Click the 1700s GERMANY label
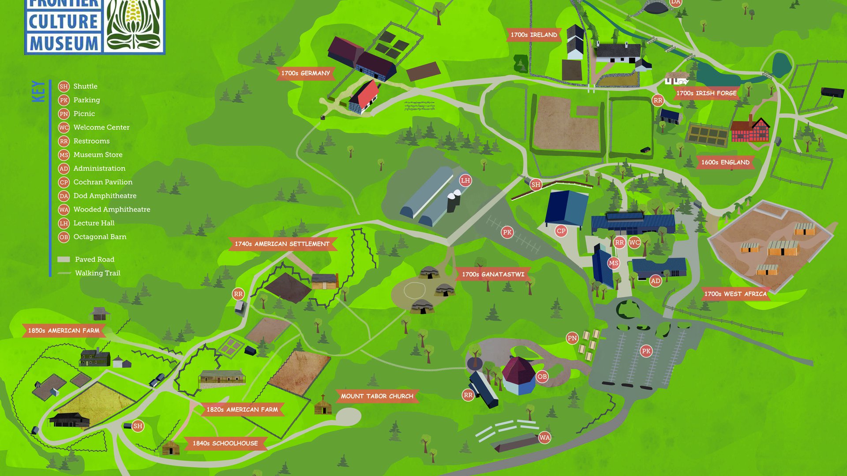coord(306,73)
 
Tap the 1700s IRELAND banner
coord(534,35)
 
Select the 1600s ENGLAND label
coord(725,162)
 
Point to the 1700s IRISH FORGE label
coord(706,93)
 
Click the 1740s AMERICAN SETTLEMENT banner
coord(282,244)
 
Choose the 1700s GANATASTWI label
coord(493,274)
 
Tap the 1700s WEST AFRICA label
coord(735,294)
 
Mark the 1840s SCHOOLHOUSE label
coord(225,443)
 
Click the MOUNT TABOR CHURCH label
coord(377,396)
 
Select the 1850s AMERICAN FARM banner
coord(64,331)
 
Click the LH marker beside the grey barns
coord(465,180)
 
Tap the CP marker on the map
coord(561,231)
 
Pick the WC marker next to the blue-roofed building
coord(634,242)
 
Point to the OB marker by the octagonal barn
coord(542,376)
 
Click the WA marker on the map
coord(544,438)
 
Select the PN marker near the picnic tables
coord(572,338)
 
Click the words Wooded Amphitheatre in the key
coord(112,209)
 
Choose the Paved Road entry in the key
coord(94,260)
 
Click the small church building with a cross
coord(323,406)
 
